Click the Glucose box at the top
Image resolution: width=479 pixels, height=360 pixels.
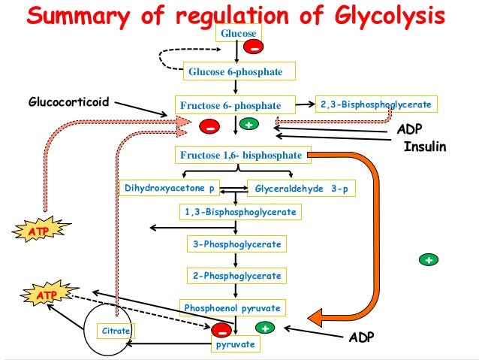(236, 34)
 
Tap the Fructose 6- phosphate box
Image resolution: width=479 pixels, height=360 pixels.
(230, 105)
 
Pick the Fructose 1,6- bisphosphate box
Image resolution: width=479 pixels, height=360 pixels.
(240, 156)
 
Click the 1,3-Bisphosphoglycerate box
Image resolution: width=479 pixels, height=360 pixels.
(240, 213)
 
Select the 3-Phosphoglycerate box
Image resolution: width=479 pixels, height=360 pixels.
(236, 244)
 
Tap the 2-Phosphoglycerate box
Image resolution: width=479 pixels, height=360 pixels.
(236, 276)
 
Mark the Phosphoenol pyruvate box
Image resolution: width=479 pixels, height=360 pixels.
(233, 308)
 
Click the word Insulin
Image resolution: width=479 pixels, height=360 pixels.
(425, 147)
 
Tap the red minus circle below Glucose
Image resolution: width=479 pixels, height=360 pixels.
(255, 49)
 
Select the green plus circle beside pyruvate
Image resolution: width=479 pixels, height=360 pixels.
(264, 328)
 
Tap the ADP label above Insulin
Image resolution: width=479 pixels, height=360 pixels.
(414, 130)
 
